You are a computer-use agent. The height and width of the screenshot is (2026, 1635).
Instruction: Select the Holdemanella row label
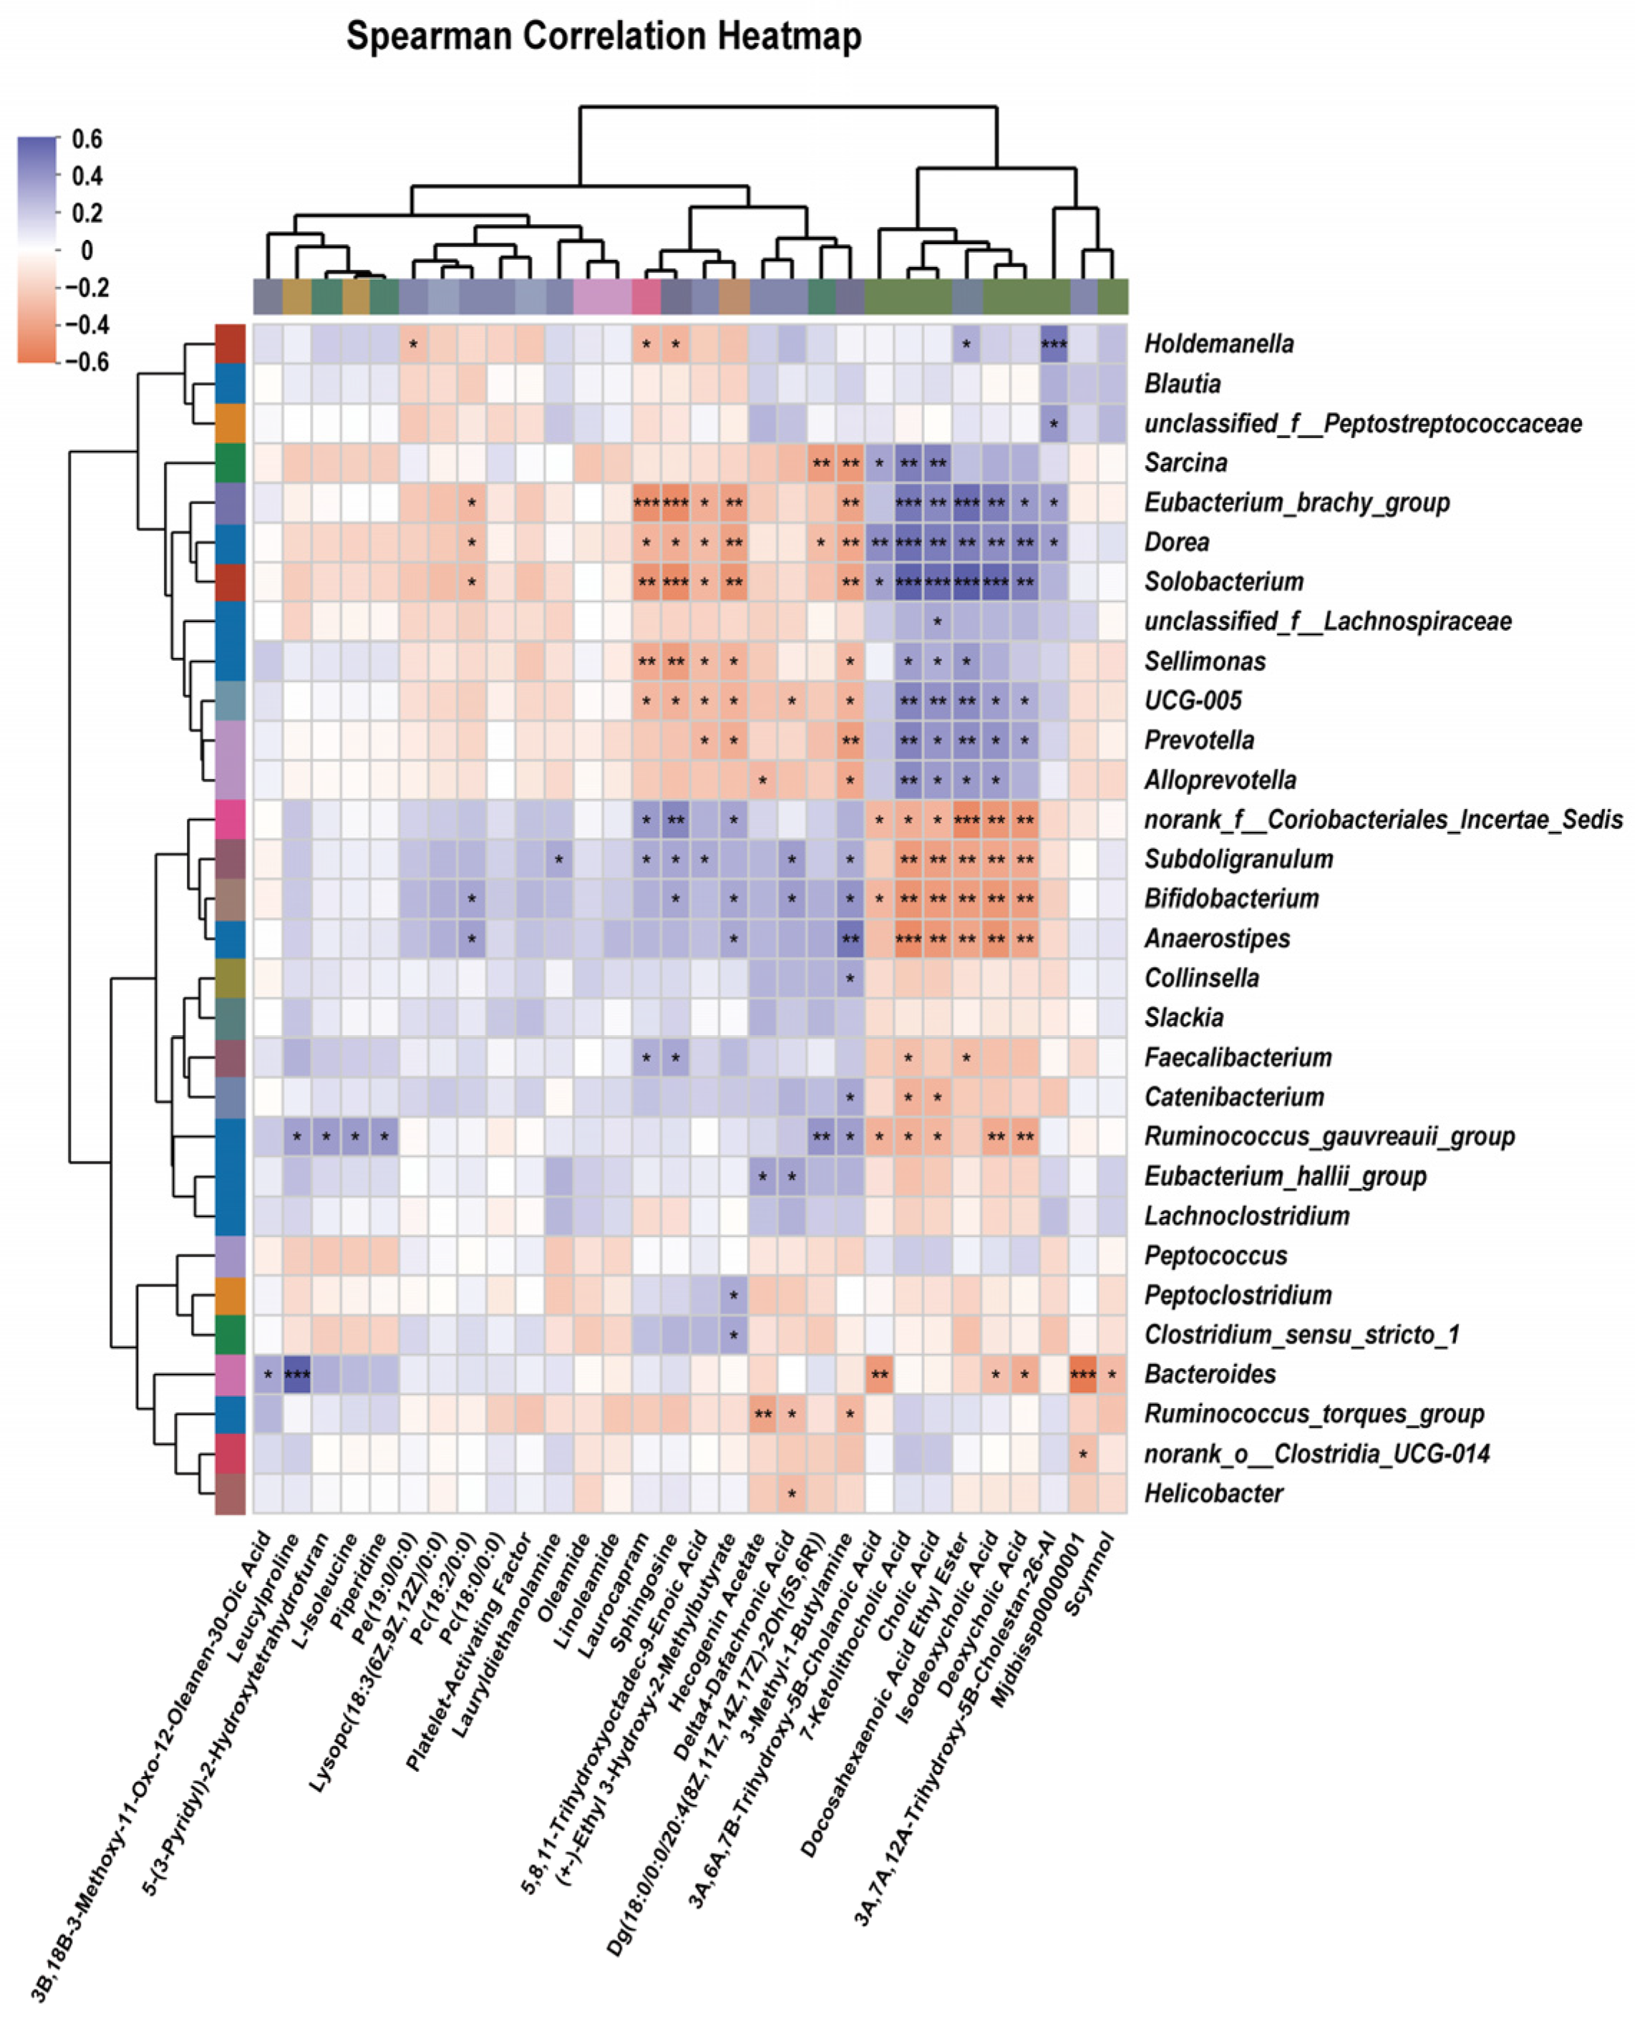1218,344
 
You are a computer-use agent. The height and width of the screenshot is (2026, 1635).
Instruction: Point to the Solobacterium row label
1223,582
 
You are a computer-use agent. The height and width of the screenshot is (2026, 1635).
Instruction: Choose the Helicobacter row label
1213,1493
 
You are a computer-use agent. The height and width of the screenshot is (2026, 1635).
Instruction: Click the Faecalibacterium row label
1238,1057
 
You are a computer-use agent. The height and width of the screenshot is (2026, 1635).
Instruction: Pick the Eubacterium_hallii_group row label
1285,1176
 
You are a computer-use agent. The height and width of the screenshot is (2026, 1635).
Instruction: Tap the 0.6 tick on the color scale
87,140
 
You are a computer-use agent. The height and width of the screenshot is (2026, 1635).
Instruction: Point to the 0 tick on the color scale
87,251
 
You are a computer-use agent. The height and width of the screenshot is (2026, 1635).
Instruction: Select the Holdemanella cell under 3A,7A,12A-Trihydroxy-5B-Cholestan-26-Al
1054,344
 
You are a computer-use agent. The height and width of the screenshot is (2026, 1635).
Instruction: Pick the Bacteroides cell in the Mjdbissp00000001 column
1083,1375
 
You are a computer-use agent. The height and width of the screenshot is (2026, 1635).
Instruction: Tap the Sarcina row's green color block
230,463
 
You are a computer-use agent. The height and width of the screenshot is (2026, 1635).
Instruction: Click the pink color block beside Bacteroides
230,1375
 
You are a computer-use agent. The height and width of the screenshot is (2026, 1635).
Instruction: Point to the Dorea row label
1176,543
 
